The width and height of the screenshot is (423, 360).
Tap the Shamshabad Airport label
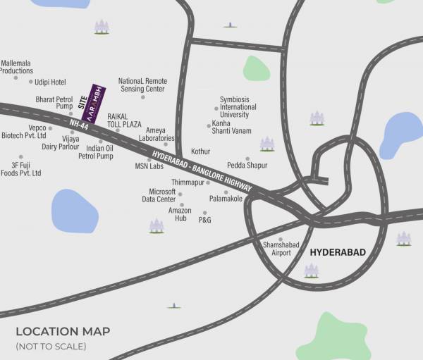277,249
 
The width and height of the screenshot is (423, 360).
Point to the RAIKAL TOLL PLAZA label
124,119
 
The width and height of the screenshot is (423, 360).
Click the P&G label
205,221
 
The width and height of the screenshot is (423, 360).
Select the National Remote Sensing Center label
142,85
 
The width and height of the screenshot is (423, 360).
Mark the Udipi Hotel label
49,82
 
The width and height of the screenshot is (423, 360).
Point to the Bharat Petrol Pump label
54,104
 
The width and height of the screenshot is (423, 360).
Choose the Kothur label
201,151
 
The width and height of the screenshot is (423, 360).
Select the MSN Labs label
149,167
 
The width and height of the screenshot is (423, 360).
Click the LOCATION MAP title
63,331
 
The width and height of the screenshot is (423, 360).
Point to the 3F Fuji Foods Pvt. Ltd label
21,169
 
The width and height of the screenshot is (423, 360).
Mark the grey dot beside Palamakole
226,192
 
